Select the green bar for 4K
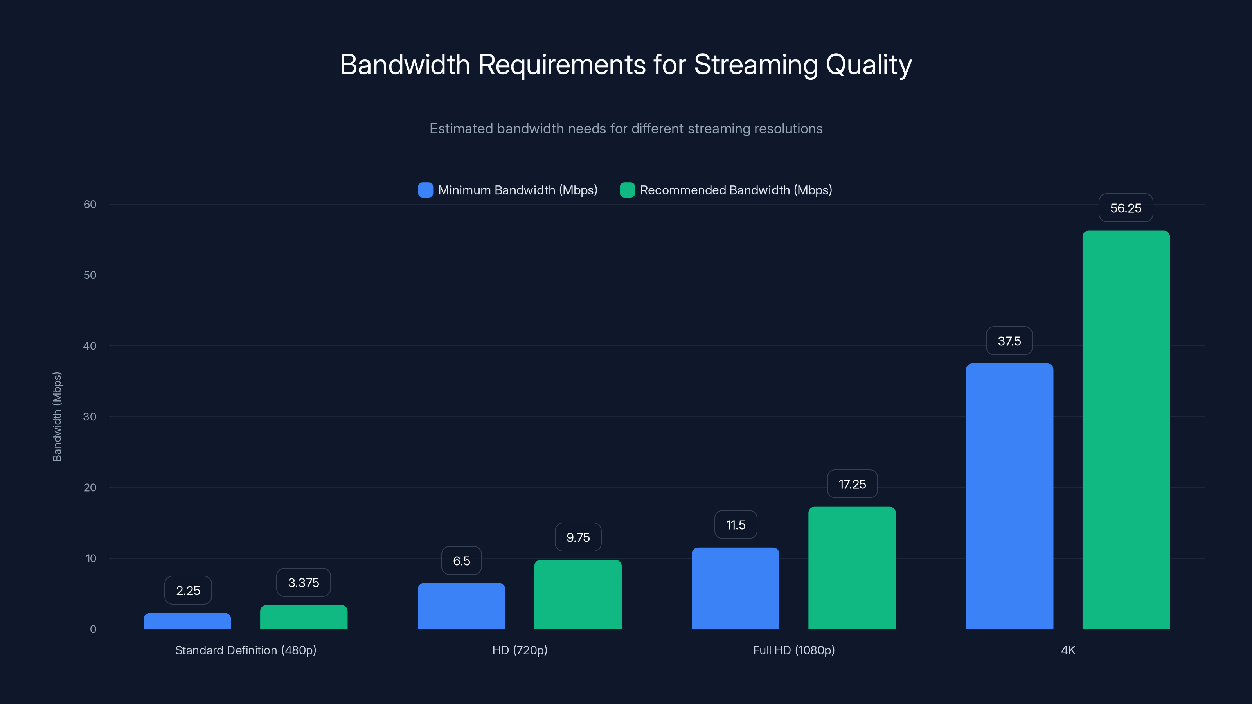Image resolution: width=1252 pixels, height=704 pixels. pos(1126,429)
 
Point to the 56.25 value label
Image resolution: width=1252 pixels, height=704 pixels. pos(1126,208)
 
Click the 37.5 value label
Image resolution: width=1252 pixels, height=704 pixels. pos(1009,341)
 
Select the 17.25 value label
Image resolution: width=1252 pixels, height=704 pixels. pos(852,484)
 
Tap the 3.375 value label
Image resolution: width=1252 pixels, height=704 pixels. pos(303,582)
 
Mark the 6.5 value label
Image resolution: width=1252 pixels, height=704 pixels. pos(461,561)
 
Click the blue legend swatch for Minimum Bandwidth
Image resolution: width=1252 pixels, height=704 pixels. pos(425,190)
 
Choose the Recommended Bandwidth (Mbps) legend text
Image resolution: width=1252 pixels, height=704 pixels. pos(736,190)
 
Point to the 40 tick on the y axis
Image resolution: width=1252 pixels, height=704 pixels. pos(90,346)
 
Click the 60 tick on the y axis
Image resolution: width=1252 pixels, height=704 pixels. pos(90,204)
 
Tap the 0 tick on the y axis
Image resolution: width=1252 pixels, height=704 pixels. pos(93,629)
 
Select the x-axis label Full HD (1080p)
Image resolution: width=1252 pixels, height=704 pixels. pos(794,650)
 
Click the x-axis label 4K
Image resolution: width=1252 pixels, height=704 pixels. pos(1068,650)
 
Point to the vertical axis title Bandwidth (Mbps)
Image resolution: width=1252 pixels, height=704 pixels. pos(57,417)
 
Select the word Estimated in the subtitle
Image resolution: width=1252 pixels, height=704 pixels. pos(461,129)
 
